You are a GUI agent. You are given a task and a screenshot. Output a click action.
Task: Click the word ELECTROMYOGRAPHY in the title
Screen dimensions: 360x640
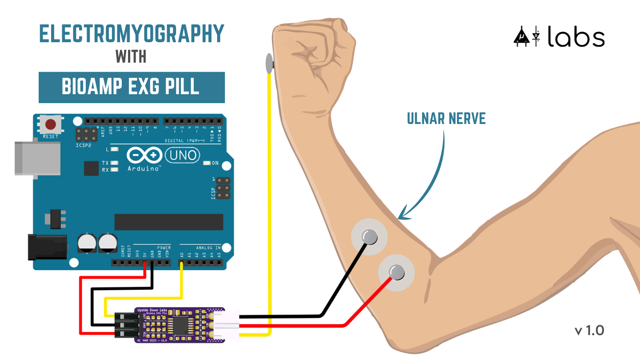click(x=132, y=34)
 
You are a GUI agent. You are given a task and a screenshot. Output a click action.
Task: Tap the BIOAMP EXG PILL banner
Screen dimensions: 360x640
click(x=132, y=87)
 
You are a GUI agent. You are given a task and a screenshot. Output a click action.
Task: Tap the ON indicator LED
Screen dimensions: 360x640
click(x=206, y=163)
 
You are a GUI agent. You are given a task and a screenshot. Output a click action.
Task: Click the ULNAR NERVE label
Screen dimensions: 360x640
click(x=446, y=118)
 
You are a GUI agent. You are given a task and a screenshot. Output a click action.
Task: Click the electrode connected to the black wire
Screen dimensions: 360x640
click(x=369, y=236)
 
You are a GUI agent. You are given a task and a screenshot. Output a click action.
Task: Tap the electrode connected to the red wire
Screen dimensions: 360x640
click(x=396, y=271)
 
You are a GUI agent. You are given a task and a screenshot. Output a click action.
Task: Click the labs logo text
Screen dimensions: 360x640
click(x=576, y=36)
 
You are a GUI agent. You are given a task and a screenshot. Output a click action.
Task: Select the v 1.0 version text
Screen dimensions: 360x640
click(x=589, y=330)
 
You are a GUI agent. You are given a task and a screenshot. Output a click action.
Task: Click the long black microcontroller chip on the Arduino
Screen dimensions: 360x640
click(x=169, y=222)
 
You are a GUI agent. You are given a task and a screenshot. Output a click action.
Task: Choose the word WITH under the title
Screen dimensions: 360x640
click(x=131, y=57)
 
